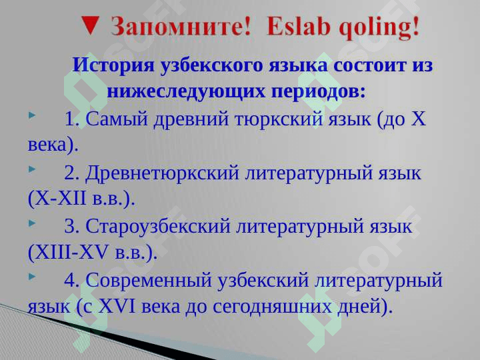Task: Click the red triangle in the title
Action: [x=91, y=25]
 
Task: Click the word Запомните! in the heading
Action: [x=181, y=26]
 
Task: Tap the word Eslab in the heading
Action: [x=299, y=26]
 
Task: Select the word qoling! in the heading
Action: [x=379, y=27]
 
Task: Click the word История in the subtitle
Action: [x=113, y=65]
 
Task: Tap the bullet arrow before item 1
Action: [x=32, y=115]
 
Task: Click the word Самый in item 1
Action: [x=117, y=119]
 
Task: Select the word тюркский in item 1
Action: [x=279, y=119]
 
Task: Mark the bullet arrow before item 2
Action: [x=32, y=169]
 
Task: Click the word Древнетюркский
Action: [x=162, y=173]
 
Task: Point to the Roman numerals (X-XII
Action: [x=57, y=199]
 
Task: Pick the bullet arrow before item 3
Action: [x=32, y=223]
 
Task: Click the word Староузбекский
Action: [x=157, y=227]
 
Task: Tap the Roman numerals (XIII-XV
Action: [x=68, y=253]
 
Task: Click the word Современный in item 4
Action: [x=149, y=280]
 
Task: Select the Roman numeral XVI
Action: [x=117, y=306]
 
